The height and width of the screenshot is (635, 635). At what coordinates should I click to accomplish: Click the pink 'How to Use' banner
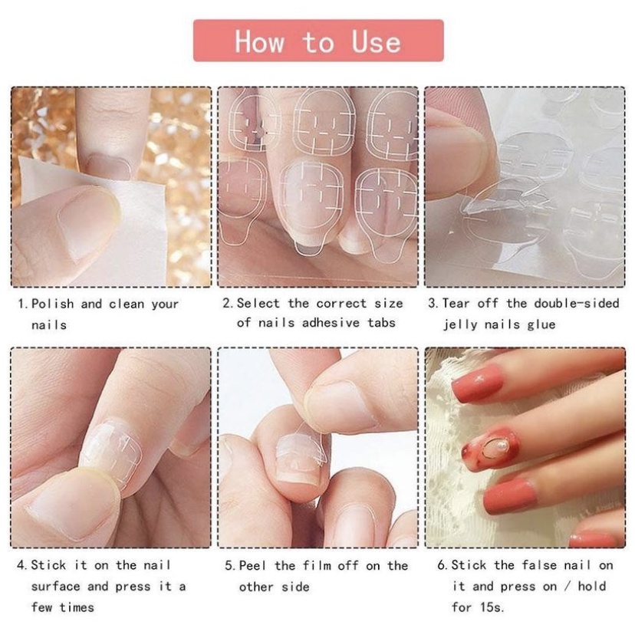[318, 41]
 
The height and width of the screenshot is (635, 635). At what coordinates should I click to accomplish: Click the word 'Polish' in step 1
[53, 304]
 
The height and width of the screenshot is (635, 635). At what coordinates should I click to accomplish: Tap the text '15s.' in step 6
[492, 607]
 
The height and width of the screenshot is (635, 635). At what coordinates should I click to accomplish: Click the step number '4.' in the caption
[22, 564]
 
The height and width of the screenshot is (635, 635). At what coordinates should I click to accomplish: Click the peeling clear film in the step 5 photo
[304, 446]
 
